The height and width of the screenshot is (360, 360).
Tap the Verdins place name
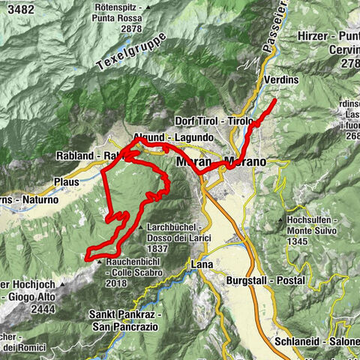coord(281,77)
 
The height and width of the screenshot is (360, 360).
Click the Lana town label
coord(202,265)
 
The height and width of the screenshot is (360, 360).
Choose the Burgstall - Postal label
coord(265,280)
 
